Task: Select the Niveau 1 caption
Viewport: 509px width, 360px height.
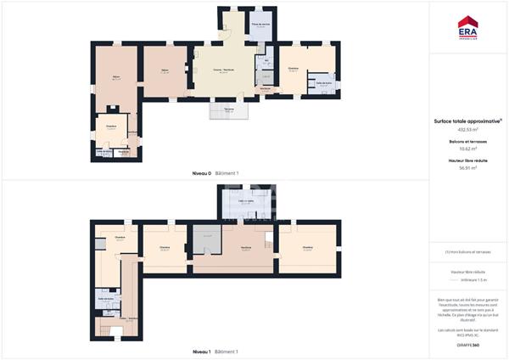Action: click(201, 351)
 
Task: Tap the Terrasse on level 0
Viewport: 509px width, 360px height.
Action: click(228, 110)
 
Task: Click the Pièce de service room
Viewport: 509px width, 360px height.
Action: click(260, 25)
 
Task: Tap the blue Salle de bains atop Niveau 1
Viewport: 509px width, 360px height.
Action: click(247, 202)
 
